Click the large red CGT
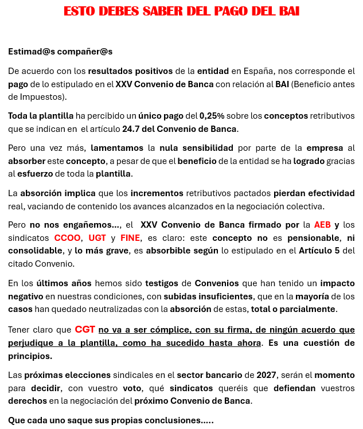(85, 330)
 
